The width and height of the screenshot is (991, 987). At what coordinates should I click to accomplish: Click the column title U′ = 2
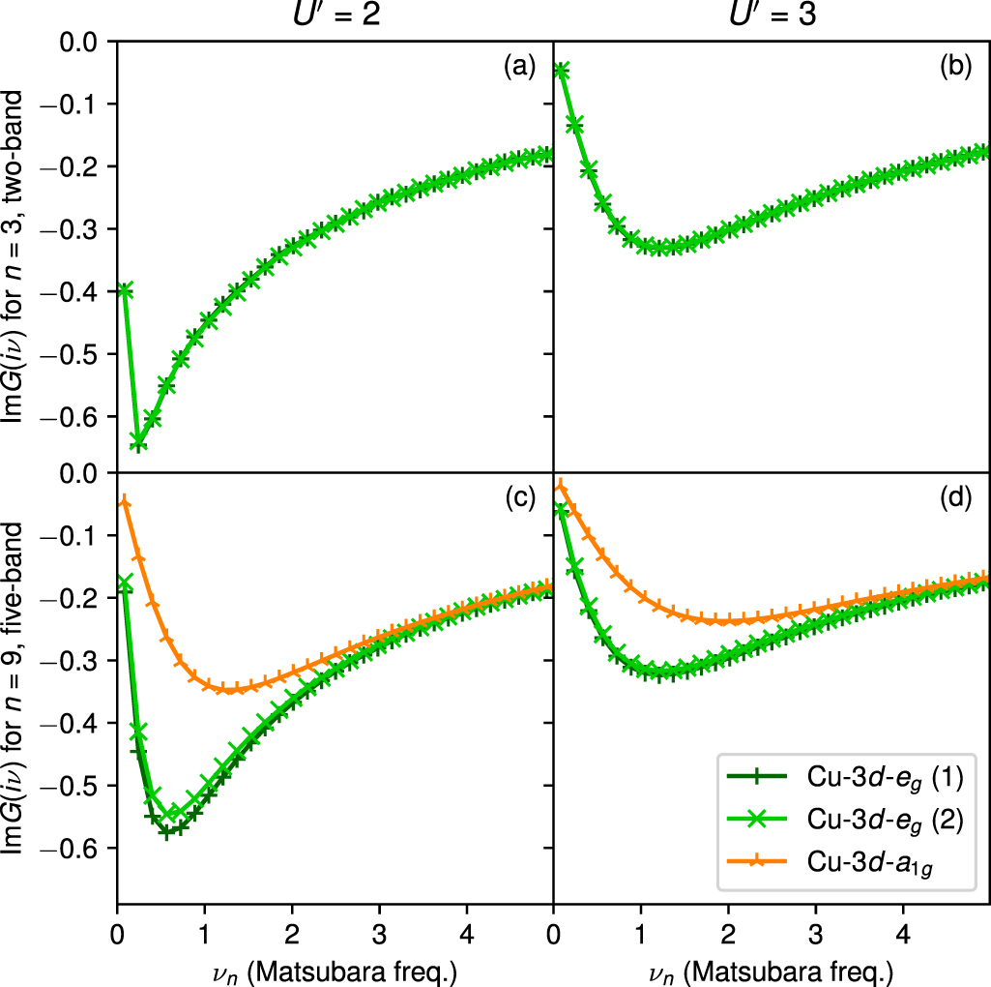[334, 16]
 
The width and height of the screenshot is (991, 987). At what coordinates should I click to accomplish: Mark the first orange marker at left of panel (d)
[560, 486]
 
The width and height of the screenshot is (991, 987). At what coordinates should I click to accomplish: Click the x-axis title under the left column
[335, 968]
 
